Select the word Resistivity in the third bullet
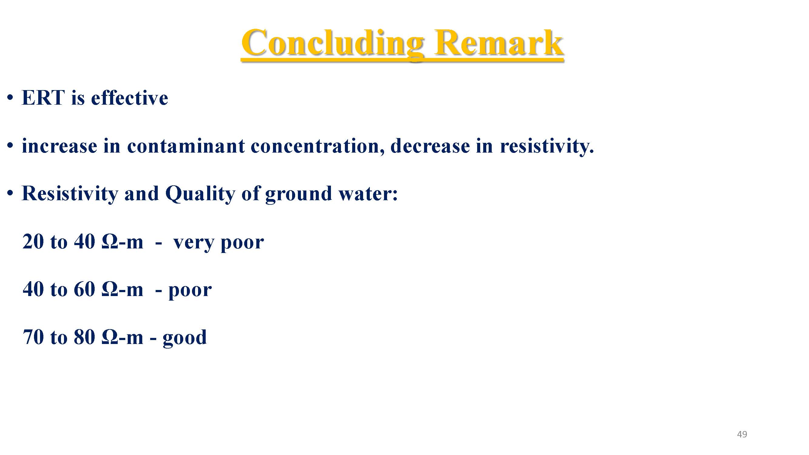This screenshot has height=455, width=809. tap(70, 194)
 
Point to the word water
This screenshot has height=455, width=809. tap(368, 194)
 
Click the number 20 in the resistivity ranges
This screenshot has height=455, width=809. tap(33, 242)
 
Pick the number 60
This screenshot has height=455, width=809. tap(84, 289)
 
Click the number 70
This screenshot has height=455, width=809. tap(33, 337)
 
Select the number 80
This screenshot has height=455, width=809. tap(84, 337)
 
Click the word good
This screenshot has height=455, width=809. tap(185, 338)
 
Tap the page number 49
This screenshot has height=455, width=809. tap(742, 434)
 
